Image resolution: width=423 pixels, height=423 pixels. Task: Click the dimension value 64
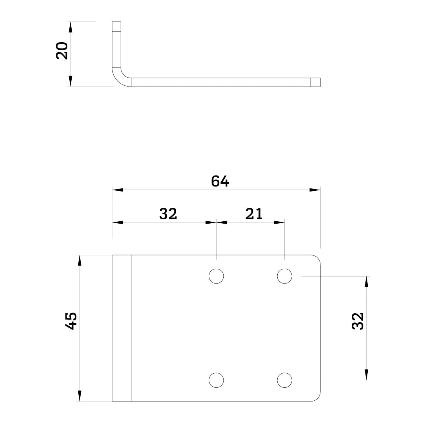coord(220,181)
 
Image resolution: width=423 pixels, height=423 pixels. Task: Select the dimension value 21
coord(254,214)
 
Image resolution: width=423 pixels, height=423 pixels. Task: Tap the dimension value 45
coord(71,321)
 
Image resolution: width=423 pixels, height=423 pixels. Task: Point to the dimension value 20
coord(62,51)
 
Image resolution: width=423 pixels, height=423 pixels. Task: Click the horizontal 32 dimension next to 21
coord(168,214)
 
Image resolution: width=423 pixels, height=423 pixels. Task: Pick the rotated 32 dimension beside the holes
coord(358,321)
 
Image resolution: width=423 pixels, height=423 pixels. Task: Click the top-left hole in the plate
coord(216,276)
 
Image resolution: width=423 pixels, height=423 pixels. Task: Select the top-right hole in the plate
coord(284,276)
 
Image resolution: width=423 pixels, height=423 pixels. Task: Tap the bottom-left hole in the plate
coord(216,380)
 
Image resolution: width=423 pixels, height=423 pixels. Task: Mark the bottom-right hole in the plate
coord(284,380)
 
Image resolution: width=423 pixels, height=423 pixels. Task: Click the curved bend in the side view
coord(119,77)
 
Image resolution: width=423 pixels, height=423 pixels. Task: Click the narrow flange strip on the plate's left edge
coord(121,328)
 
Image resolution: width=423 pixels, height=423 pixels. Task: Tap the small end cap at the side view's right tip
coord(316,82)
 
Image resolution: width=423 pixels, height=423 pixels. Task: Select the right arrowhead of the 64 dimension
coord(315,190)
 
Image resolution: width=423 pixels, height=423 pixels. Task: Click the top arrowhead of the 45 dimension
coord(80,260)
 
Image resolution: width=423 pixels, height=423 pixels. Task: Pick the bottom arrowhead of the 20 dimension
coord(70,81)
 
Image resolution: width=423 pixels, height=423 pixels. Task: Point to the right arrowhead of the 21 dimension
coord(279,222)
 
